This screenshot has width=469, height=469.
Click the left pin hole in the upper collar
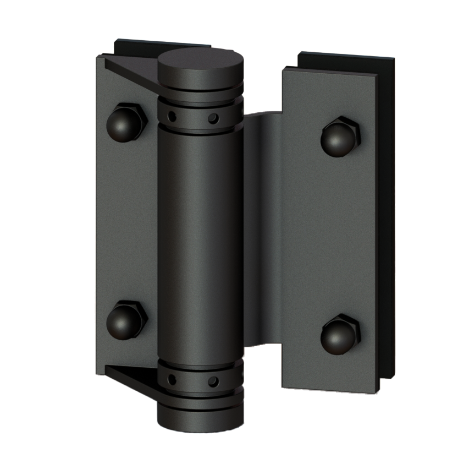tap(172, 116)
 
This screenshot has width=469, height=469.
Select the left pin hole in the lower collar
tap(172, 379)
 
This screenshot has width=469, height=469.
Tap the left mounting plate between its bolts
tap(126, 220)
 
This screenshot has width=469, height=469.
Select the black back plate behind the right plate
tap(388, 220)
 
